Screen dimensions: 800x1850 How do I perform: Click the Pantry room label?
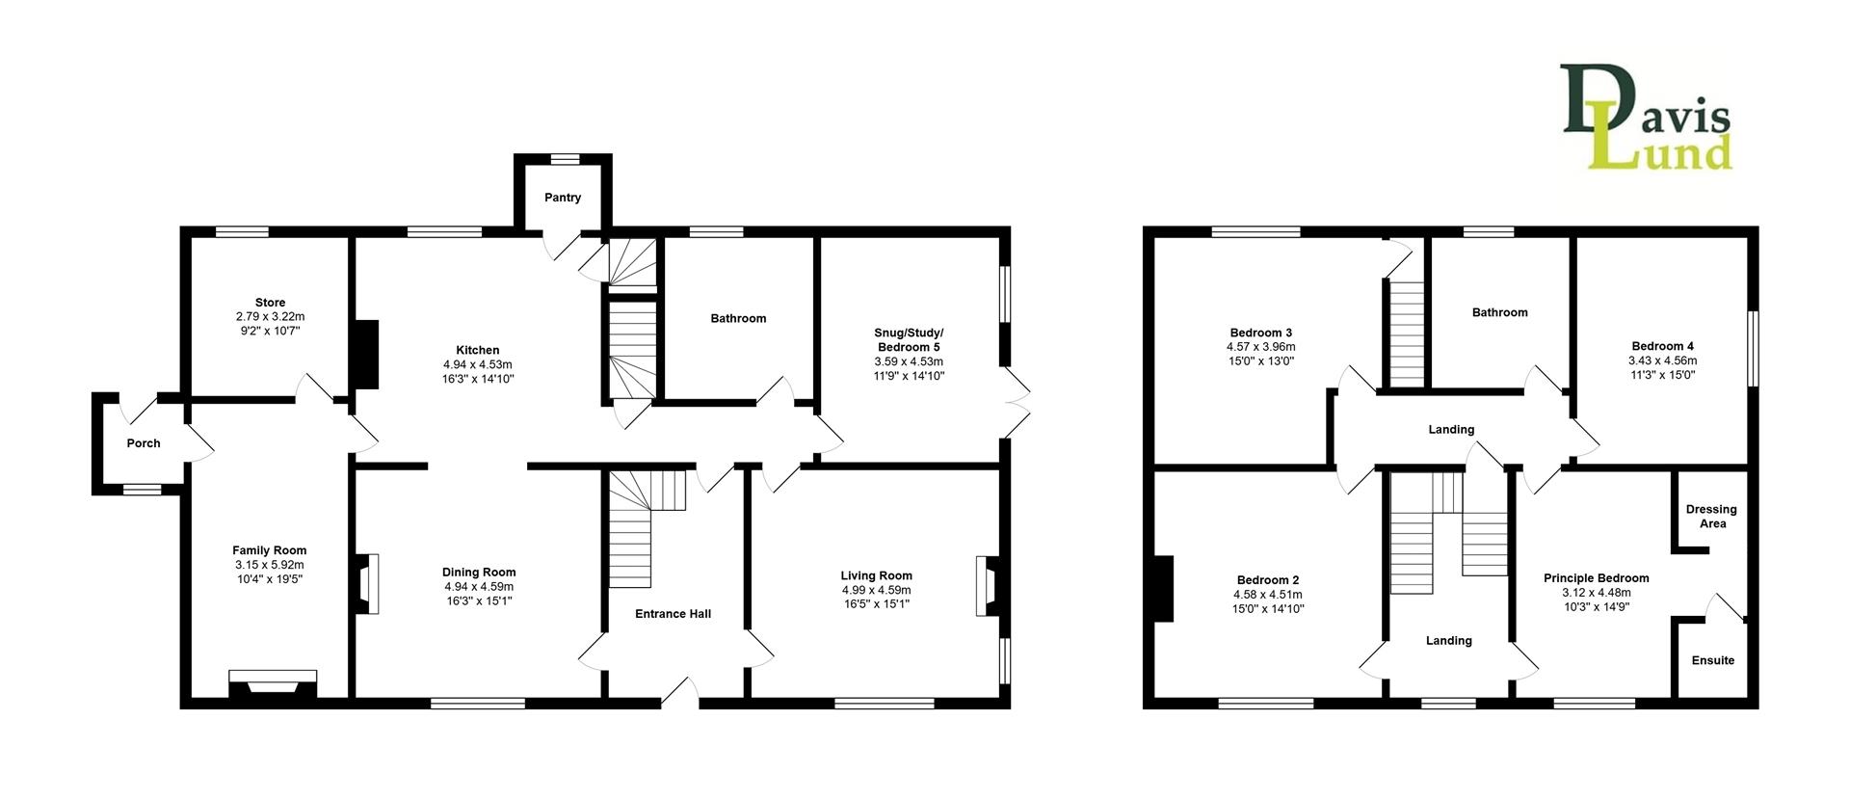(x=563, y=198)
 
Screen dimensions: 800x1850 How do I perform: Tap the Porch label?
(x=144, y=443)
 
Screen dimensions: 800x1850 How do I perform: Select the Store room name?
(x=270, y=303)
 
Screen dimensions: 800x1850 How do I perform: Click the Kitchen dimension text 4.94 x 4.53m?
(x=477, y=364)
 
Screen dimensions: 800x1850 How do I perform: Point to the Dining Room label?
(x=479, y=572)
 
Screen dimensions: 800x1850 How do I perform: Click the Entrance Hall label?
(x=673, y=614)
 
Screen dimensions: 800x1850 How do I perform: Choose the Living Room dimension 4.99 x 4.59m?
(x=876, y=590)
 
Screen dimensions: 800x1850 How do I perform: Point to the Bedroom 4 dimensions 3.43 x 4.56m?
(x=1663, y=360)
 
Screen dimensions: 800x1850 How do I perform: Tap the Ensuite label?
(x=1712, y=660)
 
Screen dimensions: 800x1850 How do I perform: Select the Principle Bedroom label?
(x=1596, y=578)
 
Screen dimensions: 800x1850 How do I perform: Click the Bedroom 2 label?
(x=1267, y=580)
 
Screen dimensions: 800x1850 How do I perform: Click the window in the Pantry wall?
(x=564, y=159)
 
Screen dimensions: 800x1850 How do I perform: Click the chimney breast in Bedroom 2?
(x=1163, y=589)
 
